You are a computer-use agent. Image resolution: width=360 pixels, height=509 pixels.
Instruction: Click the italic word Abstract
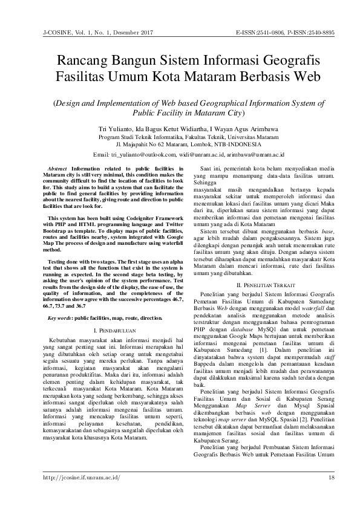[x=57, y=168]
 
